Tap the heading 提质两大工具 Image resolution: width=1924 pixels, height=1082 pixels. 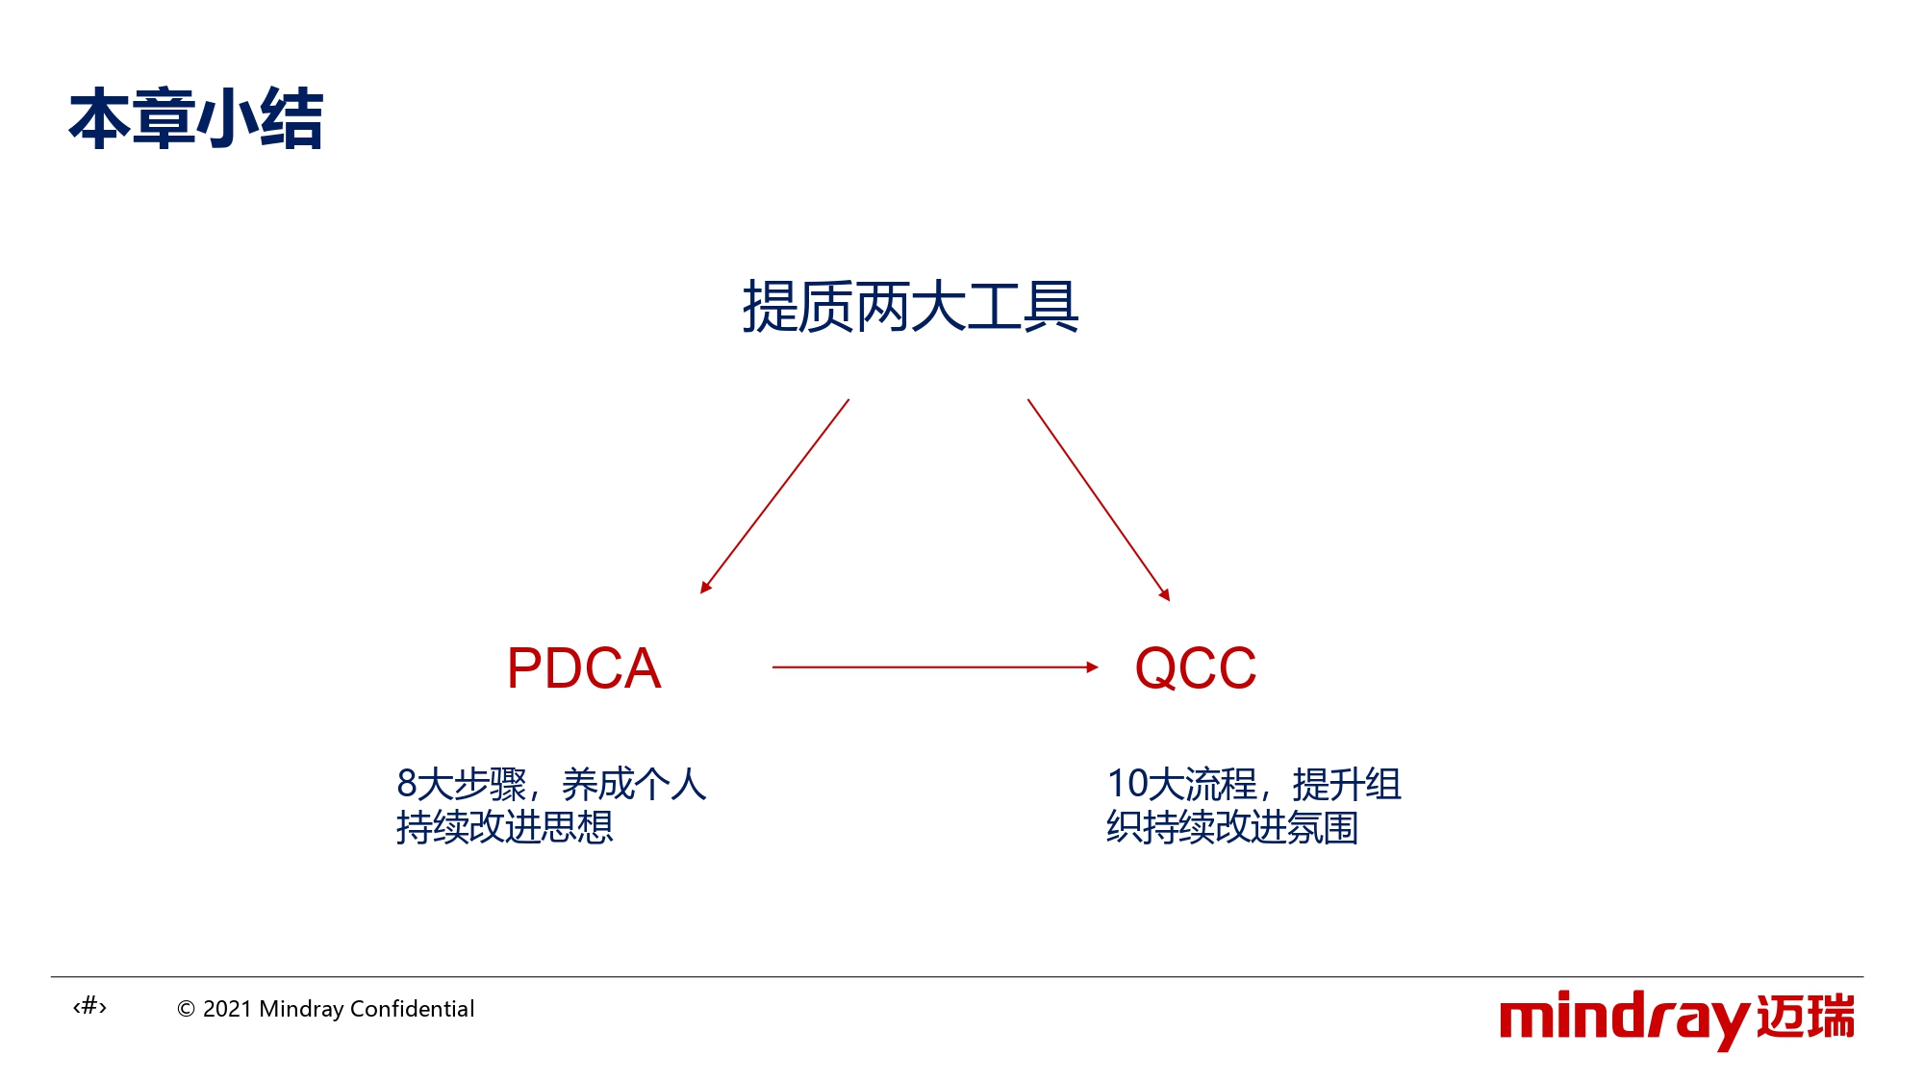click(x=910, y=307)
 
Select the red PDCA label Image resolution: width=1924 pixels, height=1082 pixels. click(x=584, y=667)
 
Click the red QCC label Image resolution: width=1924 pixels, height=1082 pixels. click(x=1196, y=667)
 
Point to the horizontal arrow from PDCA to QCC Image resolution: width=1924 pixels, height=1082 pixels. click(x=935, y=667)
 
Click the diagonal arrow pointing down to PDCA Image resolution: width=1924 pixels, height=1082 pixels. click(x=774, y=496)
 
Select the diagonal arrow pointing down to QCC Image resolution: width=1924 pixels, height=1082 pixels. click(x=1099, y=500)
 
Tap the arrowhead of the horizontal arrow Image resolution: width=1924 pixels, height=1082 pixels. click(x=1092, y=667)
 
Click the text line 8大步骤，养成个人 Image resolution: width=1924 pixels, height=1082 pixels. click(x=551, y=784)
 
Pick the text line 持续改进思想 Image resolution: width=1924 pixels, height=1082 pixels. click(x=505, y=827)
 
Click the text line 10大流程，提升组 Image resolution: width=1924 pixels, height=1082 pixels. click(x=1254, y=784)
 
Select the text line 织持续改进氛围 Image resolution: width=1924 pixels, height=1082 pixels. click(x=1232, y=827)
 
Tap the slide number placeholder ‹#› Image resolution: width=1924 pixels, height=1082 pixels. click(x=89, y=1007)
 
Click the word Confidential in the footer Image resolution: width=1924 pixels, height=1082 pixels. click(x=412, y=1008)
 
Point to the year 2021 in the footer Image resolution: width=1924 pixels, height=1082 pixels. click(x=227, y=1009)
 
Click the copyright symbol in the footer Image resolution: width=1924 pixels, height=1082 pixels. click(x=187, y=1009)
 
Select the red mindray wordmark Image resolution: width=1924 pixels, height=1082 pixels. click(x=1625, y=1019)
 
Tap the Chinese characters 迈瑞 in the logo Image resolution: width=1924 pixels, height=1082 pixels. click(x=1806, y=1017)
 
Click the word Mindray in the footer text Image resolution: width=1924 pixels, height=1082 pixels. click(x=301, y=1009)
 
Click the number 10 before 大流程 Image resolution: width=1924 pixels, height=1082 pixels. click(x=1127, y=784)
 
